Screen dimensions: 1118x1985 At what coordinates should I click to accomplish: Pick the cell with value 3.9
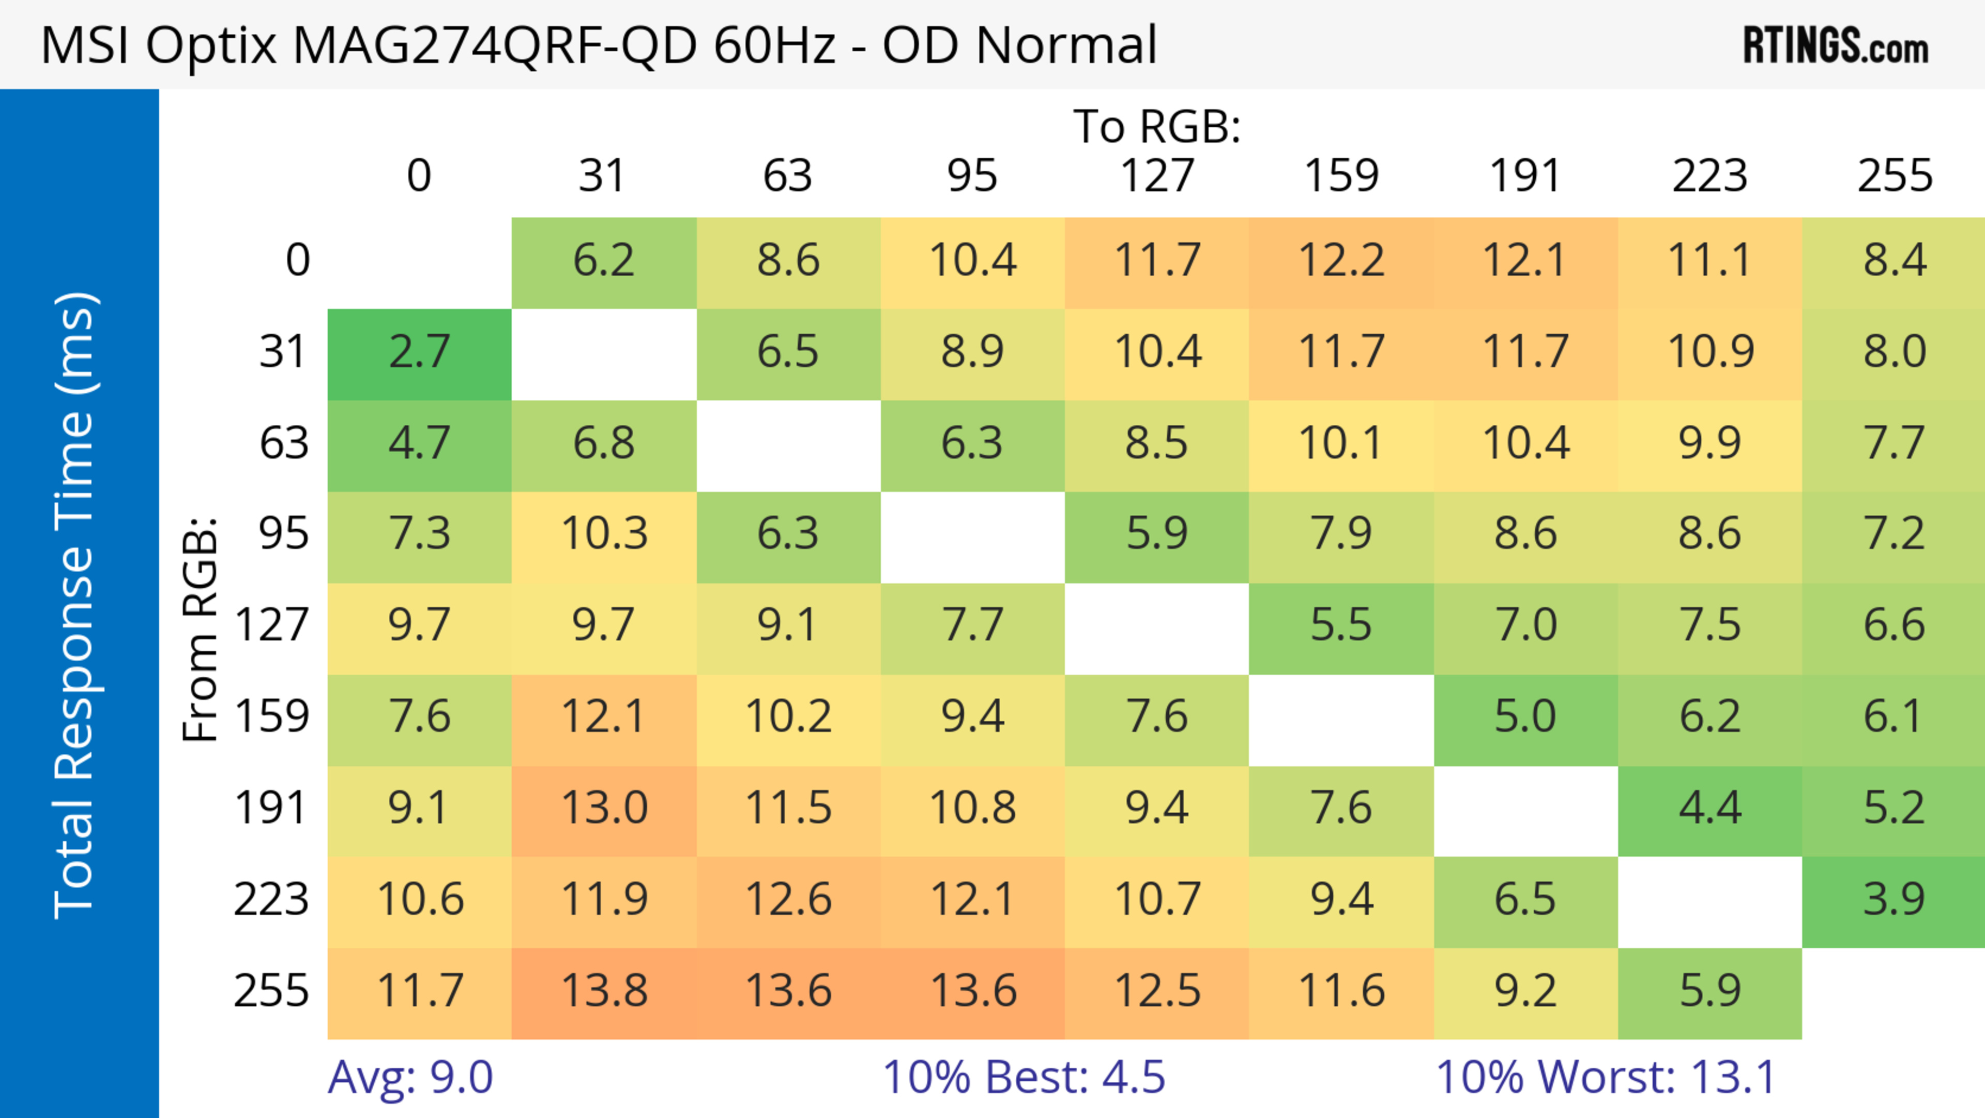coord(1894,900)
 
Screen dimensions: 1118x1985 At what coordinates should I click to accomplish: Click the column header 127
coord(1157,176)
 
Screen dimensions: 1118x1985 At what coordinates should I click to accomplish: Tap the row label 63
coord(284,444)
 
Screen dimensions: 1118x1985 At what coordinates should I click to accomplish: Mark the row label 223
coord(271,900)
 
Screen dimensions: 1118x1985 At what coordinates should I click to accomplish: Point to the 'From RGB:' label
coord(201,629)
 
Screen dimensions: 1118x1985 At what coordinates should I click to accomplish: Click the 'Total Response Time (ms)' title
coord(75,605)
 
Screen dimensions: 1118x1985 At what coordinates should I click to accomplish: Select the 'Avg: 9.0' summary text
coord(410,1077)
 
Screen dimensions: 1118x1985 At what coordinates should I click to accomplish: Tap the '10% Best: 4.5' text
coord(1024,1077)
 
